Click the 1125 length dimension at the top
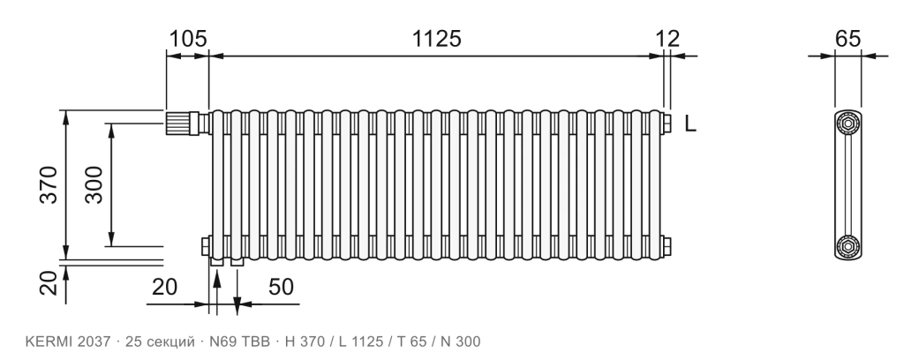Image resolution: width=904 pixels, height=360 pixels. (436, 39)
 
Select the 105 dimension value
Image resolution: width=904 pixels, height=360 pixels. (187, 39)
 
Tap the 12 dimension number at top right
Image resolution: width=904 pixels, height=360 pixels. (667, 39)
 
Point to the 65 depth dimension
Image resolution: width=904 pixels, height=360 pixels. (848, 39)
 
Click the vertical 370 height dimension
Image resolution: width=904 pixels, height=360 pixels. (49, 184)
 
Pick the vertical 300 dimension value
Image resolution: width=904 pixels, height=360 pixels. (94, 184)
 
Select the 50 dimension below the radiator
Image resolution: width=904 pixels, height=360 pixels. (281, 286)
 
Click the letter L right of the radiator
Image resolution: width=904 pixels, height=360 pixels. (690, 124)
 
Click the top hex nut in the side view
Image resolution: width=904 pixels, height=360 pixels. (848, 124)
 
